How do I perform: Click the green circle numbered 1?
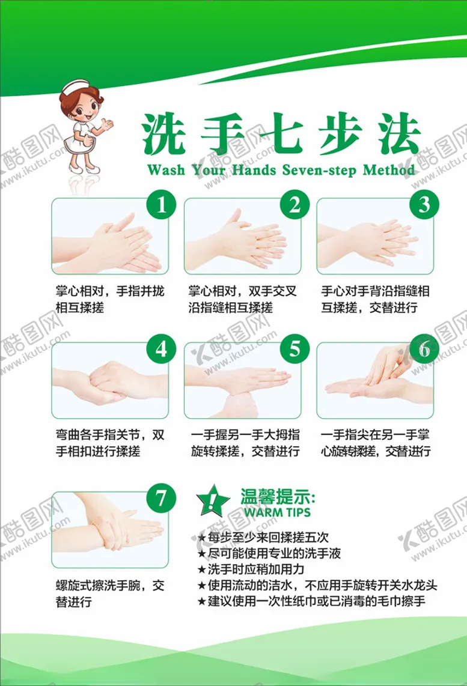[x=161, y=205]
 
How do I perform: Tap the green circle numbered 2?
[x=294, y=205]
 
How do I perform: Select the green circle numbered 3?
[x=424, y=205]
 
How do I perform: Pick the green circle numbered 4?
[x=161, y=348]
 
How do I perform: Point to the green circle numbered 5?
[x=294, y=348]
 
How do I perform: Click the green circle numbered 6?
[x=424, y=348]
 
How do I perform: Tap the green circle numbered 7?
[x=161, y=499]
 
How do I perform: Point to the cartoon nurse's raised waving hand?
[x=107, y=124]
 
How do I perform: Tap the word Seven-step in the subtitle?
[x=318, y=170]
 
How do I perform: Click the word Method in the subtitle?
[x=389, y=170]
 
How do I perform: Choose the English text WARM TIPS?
[x=277, y=512]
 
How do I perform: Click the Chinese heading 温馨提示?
[x=278, y=497]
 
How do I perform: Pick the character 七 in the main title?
[x=280, y=134]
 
